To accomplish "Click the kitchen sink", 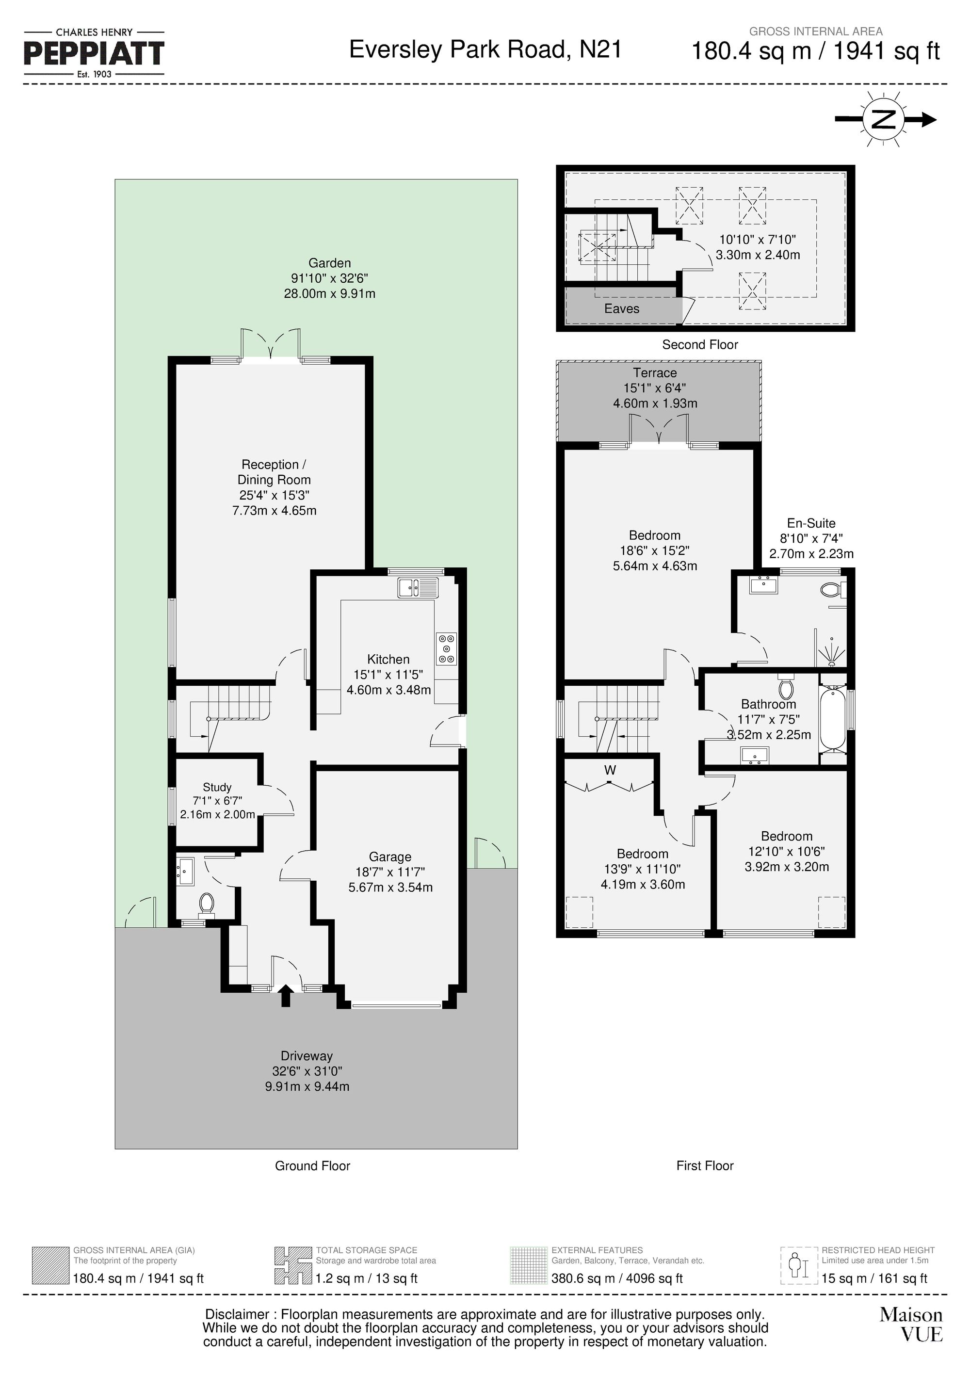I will (x=418, y=587).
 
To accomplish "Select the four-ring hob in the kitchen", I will (x=446, y=648).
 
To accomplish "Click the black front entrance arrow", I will (x=286, y=996).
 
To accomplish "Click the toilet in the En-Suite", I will (x=831, y=590).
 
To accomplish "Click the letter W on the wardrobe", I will (x=610, y=770).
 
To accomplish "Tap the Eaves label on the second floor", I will (x=621, y=308).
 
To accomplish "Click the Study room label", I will (x=216, y=787).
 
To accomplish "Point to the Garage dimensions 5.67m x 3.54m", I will (x=390, y=888).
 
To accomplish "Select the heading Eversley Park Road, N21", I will (x=485, y=49).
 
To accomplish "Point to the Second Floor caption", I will (x=700, y=344).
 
